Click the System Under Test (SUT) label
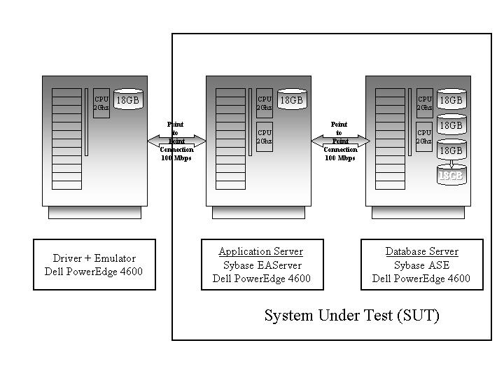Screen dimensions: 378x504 coord(351,316)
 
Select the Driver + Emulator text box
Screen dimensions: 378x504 coord(94,265)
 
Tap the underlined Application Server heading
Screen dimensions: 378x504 coord(261,251)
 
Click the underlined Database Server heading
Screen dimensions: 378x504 coord(421,251)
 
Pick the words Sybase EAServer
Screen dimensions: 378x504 coord(261,265)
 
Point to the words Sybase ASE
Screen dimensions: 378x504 coord(421,265)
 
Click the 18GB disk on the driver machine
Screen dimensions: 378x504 coord(127,100)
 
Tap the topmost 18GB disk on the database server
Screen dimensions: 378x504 coord(451,100)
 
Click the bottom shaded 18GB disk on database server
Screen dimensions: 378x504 coord(451,175)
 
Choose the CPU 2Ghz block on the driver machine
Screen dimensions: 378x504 coord(101,103)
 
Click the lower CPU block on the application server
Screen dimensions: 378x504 coord(265,136)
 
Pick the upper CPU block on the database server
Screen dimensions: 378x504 coord(424,103)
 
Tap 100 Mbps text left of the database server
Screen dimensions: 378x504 coord(339,158)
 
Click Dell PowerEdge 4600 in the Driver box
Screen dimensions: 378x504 coord(94,272)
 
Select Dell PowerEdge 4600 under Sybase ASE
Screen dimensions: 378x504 coord(421,279)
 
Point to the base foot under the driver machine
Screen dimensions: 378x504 coord(94,212)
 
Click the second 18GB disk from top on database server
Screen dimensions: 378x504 coord(451,125)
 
